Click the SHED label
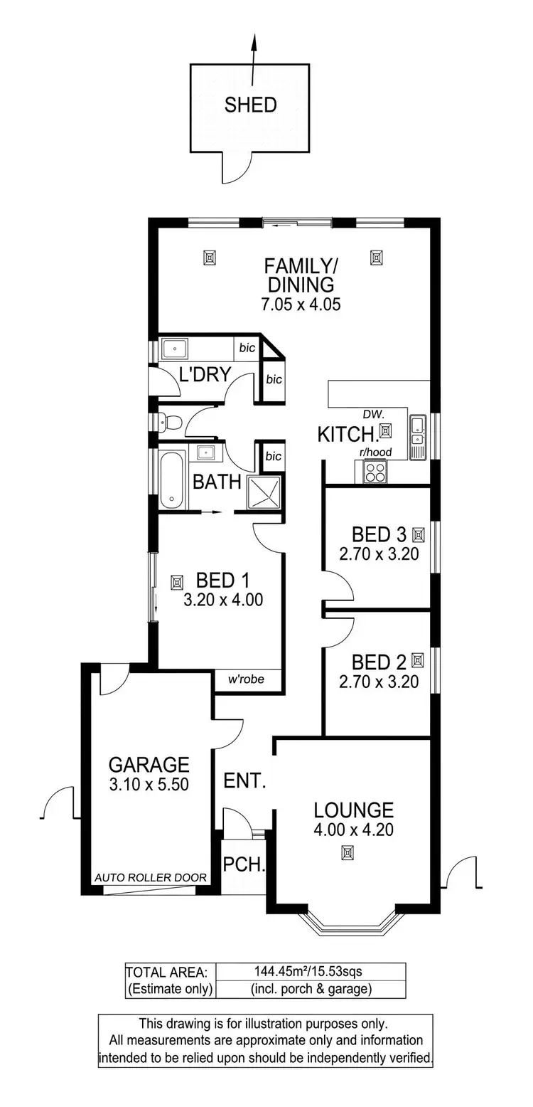pyautogui.click(x=250, y=105)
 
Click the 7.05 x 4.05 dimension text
pyautogui.click(x=301, y=305)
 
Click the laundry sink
pyautogui.click(x=174, y=349)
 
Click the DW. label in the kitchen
pyautogui.click(x=372, y=413)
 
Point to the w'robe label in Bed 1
pyautogui.click(x=246, y=679)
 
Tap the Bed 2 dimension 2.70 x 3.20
pyautogui.click(x=378, y=682)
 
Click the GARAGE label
pyautogui.click(x=149, y=765)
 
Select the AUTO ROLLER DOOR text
pyautogui.click(x=151, y=878)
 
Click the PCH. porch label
pyautogui.click(x=244, y=866)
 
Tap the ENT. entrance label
pyautogui.click(x=244, y=782)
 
